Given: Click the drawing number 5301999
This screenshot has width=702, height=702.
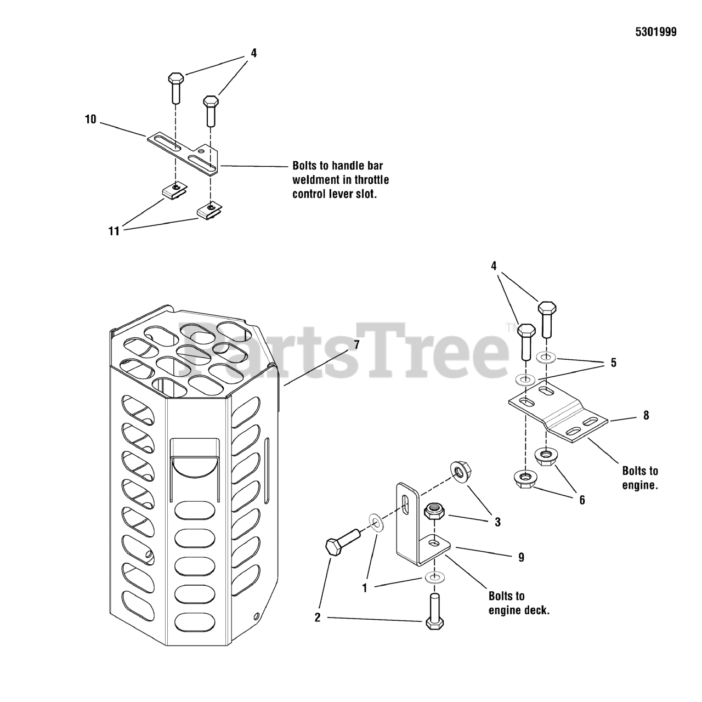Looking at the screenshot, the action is pos(656,32).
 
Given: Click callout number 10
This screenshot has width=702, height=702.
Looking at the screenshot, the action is pos(90,119).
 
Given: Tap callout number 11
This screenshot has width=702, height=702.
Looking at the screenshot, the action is pos(114,231).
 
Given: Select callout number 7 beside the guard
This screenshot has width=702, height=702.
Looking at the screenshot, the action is pos(356,345).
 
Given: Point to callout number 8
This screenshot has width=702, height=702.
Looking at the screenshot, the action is pos(646,415).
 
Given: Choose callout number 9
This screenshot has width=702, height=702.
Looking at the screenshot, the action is pos(521,557).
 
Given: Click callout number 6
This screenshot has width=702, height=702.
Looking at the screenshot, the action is pos(582,500).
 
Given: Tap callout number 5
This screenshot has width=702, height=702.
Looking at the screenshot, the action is pos(613,363).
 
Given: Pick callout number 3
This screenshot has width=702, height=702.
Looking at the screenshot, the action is pos(497,522).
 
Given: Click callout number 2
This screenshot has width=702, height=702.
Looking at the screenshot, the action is pos(317,618).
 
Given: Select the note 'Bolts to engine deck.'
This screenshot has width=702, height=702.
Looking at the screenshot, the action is pos(518,603).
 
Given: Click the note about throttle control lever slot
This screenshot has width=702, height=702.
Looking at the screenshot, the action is pos(341,179).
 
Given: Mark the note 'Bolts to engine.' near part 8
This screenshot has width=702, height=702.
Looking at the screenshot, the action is pos(640,478).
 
